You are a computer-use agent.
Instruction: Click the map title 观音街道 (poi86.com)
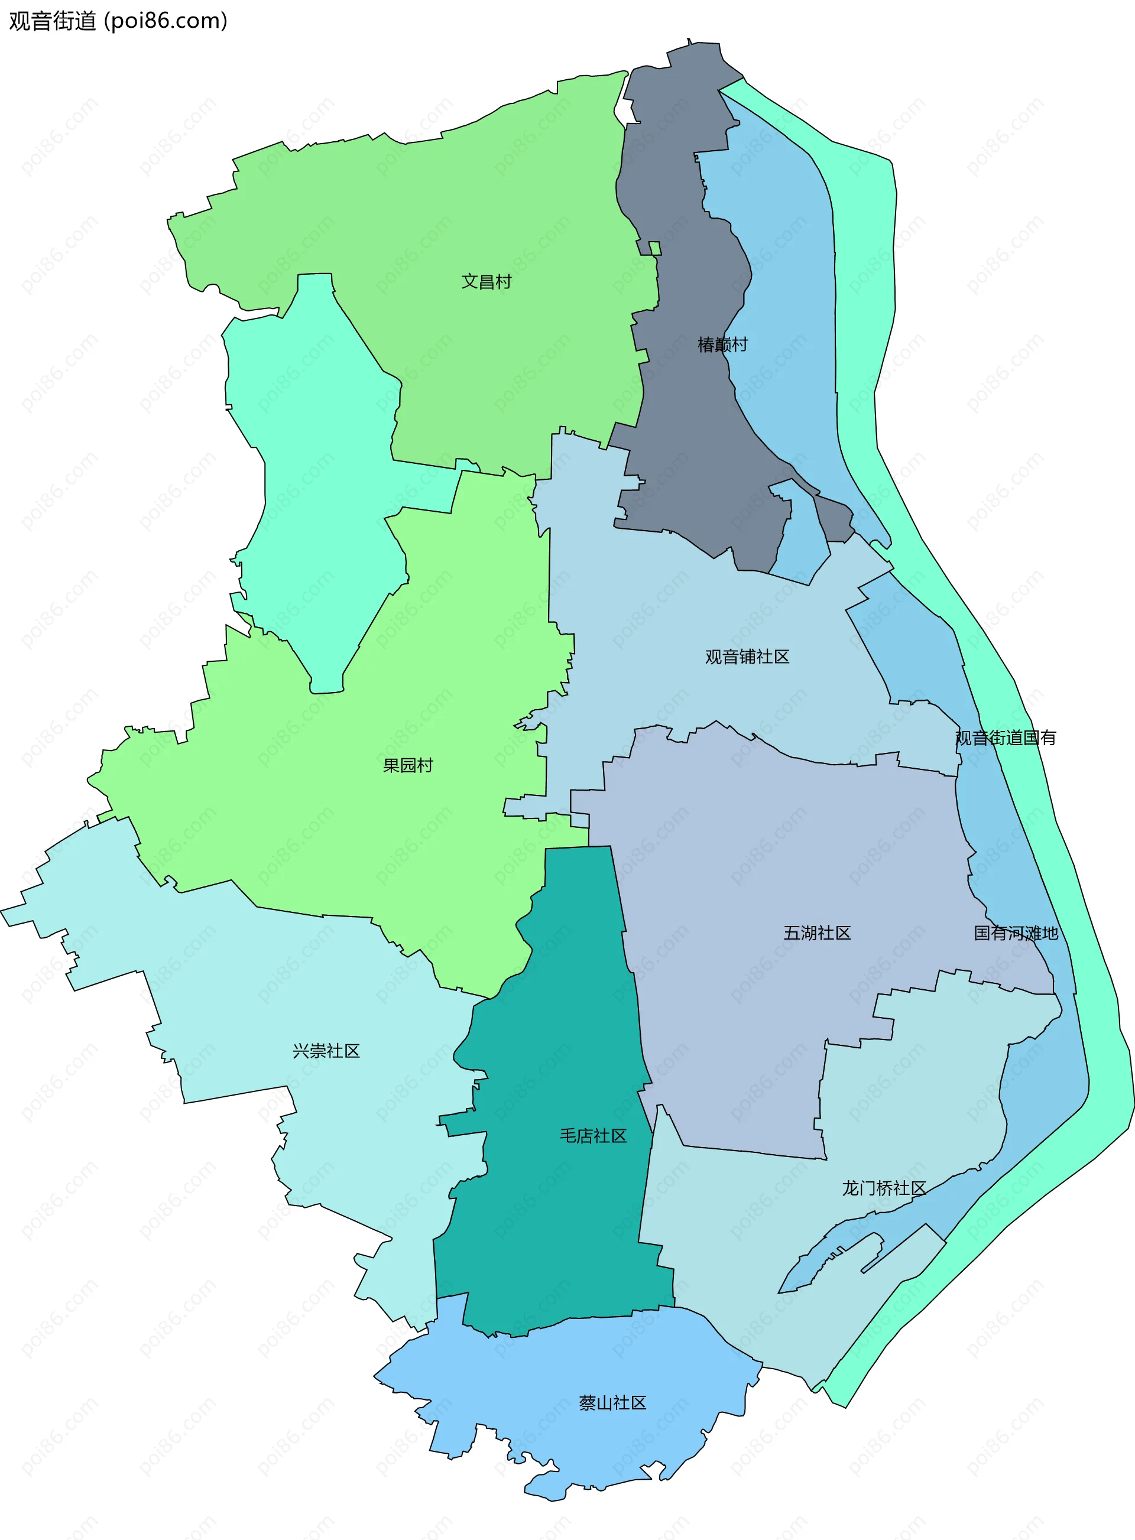(118, 21)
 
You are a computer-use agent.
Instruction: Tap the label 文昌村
(487, 282)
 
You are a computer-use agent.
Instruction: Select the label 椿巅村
(722, 345)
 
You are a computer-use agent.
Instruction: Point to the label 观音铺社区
(747, 657)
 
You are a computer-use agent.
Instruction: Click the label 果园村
(408, 765)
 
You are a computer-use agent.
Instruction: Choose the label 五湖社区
(817, 933)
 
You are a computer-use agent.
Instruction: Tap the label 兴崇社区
(326, 1051)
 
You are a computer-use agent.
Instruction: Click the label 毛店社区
(593, 1135)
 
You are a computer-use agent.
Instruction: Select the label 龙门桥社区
(884, 1188)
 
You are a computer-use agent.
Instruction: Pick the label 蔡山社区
(613, 1403)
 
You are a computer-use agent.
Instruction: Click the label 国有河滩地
(1016, 933)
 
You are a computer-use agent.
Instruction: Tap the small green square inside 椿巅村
(655, 248)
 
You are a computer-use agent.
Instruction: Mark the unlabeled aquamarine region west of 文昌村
(323, 481)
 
